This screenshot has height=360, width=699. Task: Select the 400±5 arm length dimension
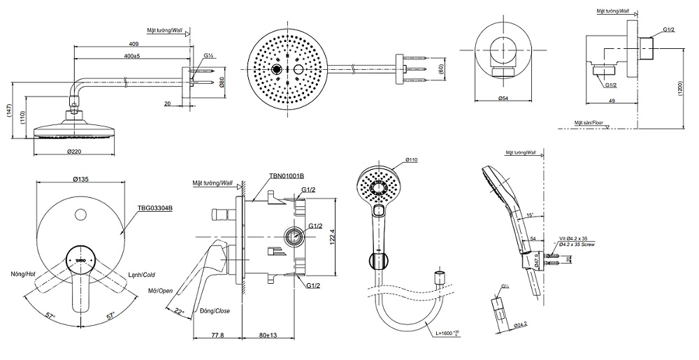point(131,56)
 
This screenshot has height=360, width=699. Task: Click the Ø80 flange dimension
point(221,82)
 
